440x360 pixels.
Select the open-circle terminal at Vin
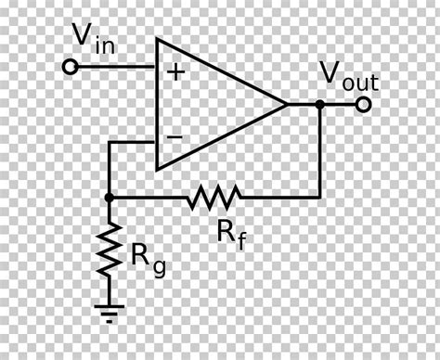click(68, 68)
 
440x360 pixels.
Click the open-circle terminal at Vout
click(363, 105)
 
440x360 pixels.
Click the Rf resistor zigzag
click(214, 197)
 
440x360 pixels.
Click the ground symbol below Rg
click(110, 308)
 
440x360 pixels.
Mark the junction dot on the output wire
click(320, 105)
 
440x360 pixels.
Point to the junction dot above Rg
click(110, 197)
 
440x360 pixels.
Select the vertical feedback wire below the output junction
click(320, 153)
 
